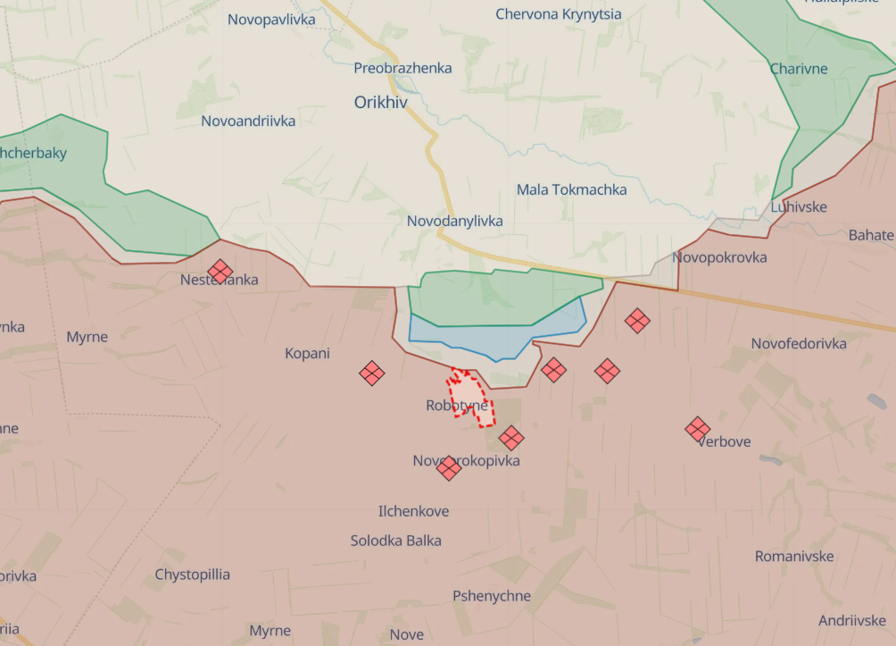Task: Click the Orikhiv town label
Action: [x=380, y=103]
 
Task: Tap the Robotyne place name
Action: [x=457, y=406]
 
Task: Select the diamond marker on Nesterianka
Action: [x=220, y=271]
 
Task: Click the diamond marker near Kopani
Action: [x=372, y=373]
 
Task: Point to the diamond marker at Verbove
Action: [x=698, y=429]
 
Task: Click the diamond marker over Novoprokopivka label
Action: [x=449, y=467]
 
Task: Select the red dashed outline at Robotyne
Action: [x=469, y=396]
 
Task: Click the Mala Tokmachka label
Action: [x=571, y=189]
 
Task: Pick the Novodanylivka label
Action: [x=454, y=221]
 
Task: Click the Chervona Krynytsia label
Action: [x=559, y=14]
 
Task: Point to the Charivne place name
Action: [x=799, y=69]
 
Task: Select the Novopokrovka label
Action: [x=719, y=257]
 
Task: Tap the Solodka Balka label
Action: [x=395, y=541]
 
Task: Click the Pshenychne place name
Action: [x=491, y=596]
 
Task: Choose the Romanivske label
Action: [x=793, y=556]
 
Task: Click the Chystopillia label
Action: [x=192, y=574]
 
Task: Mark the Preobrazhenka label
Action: [x=402, y=68]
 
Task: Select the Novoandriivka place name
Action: [x=248, y=121]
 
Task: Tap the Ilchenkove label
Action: [x=413, y=511]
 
